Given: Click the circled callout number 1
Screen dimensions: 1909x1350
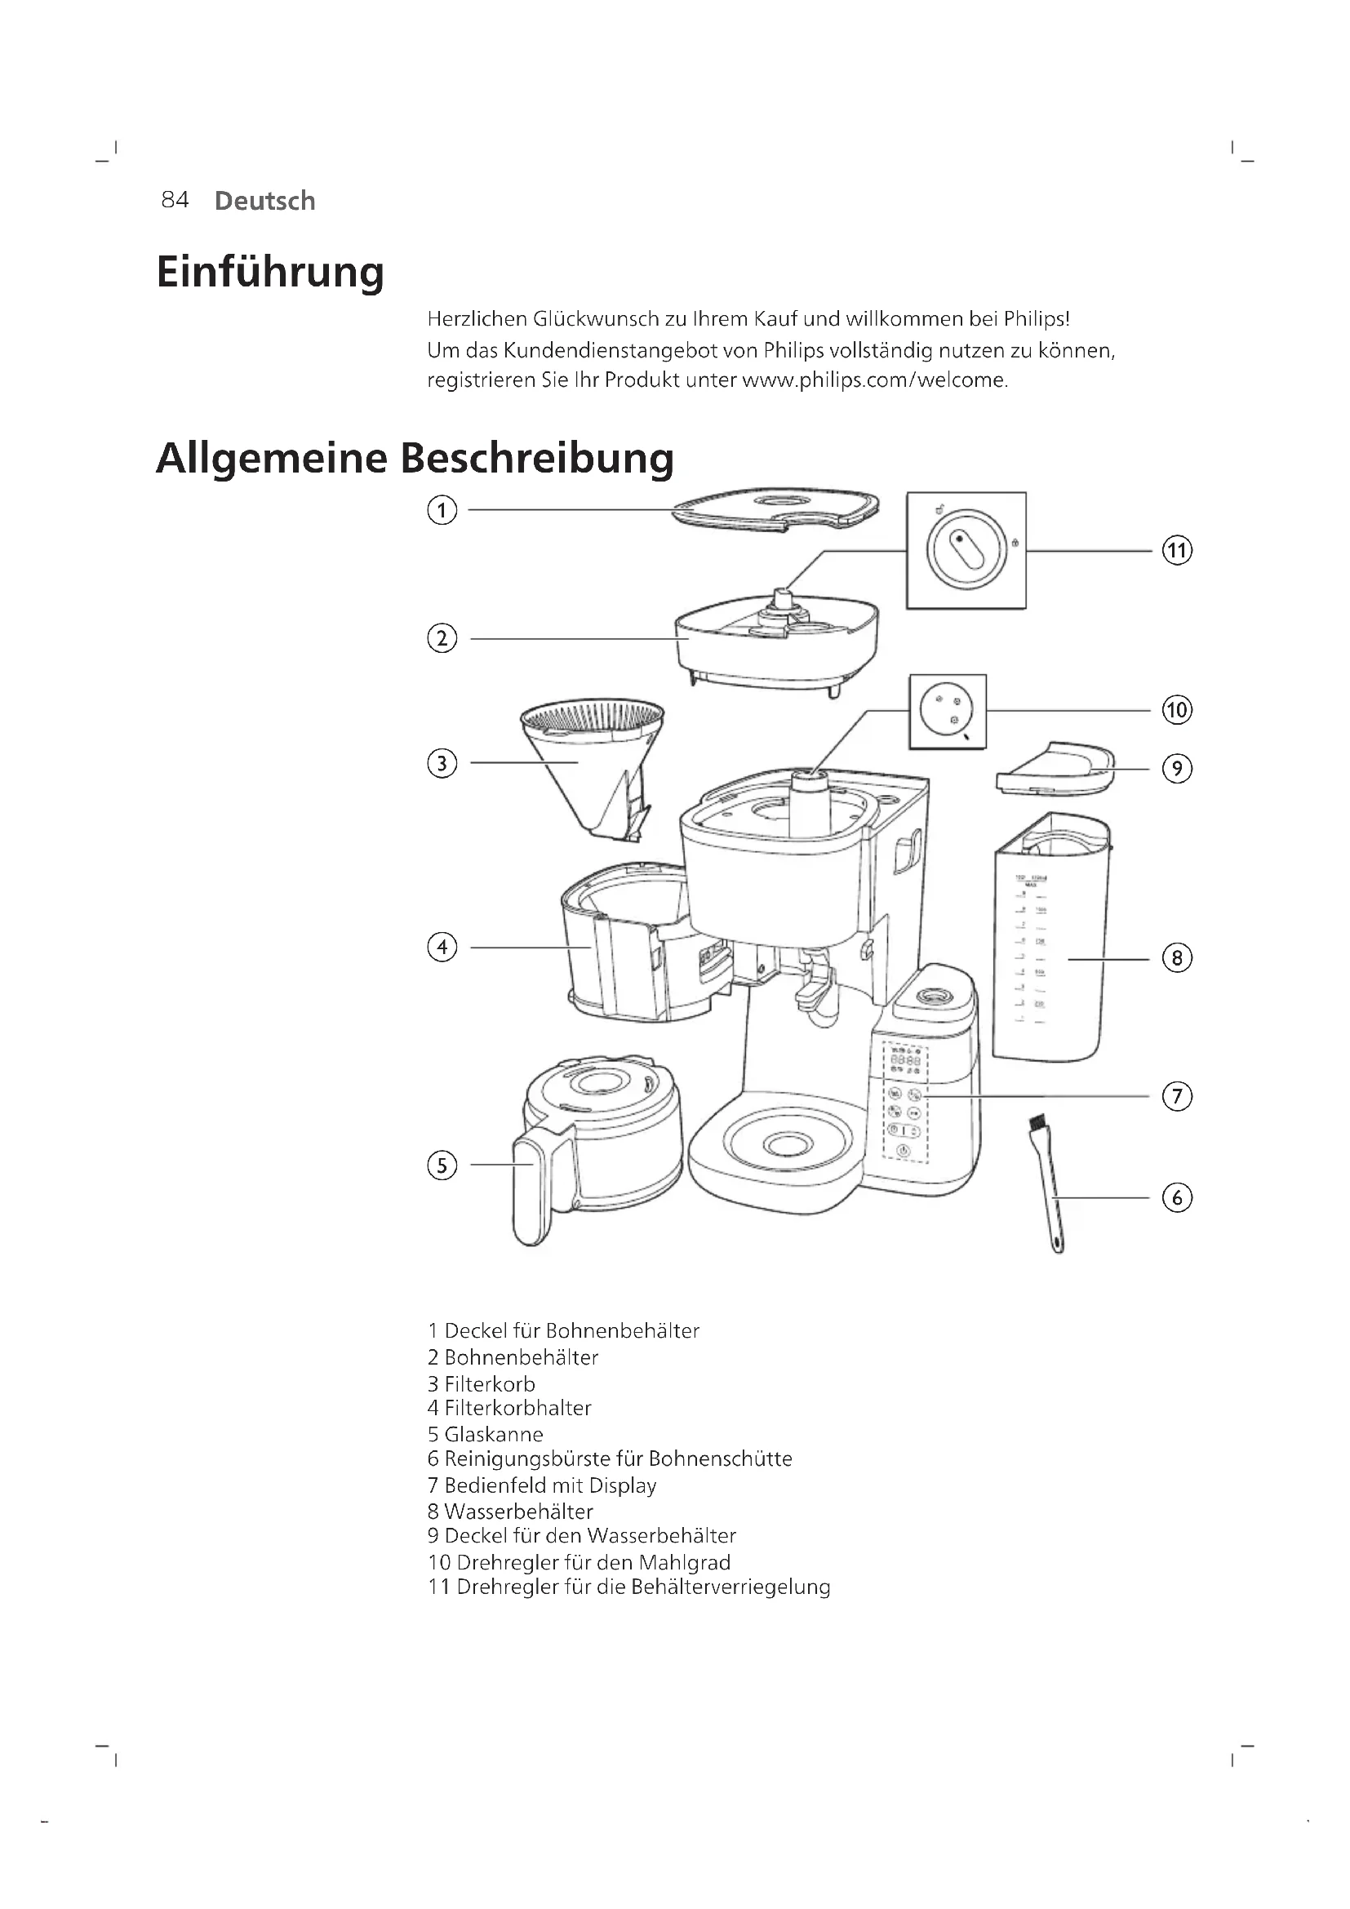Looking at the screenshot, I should pyautogui.click(x=442, y=509).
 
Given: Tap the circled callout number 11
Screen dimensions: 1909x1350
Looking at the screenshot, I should pyautogui.click(x=1176, y=550).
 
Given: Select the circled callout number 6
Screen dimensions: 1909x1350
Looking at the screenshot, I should pyautogui.click(x=1176, y=1198).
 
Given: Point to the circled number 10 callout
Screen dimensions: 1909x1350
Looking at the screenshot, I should pyautogui.click(x=1176, y=710).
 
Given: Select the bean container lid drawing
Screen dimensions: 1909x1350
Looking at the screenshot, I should pyautogui.click(x=775, y=508).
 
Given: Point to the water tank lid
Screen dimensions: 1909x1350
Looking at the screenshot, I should pyautogui.click(x=1055, y=769).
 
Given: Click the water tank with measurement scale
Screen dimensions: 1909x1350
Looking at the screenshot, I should pyautogui.click(x=1050, y=939).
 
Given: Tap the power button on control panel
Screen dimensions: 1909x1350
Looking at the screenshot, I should pyautogui.click(x=904, y=1152).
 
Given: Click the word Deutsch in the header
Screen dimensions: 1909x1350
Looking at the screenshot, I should pyautogui.click(x=264, y=202).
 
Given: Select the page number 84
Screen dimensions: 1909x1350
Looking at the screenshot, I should pyautogui.click(x=175, y=201).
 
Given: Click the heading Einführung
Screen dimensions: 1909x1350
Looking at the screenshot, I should pyautogui.click(x=270, y=273).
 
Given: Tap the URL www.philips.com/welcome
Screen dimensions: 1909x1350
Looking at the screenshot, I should pyautogui.click(x=873, y=381).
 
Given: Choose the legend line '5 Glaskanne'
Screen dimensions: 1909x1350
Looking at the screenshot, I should pyautogui.click(x=486, y=1434).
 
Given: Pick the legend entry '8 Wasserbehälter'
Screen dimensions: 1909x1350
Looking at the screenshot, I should pyautogui.click(x=510, y=1512).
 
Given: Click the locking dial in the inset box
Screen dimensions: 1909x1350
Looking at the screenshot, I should pyautogui.click(x=966, y=549).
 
